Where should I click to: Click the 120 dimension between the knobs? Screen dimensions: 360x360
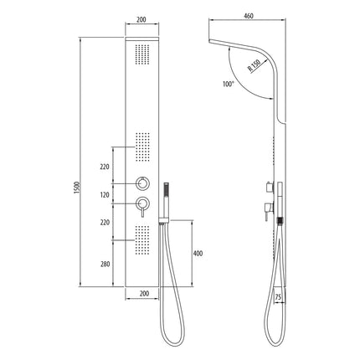(105, 193)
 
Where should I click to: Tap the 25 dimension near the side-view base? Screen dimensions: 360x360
(278, 296)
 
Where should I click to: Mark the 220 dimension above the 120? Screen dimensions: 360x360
(105, 167)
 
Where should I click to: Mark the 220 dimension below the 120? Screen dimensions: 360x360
(105, 224)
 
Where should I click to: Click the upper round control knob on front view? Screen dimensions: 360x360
(145, 183)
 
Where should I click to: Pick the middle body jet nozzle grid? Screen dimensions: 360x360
(144, 147)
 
